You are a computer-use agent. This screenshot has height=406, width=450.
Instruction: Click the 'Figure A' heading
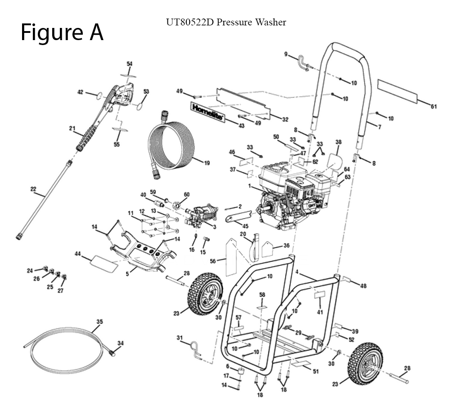click(62, 32)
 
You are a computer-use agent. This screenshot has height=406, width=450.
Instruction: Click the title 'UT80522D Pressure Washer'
click(226, 22)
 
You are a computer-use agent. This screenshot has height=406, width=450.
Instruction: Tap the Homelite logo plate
click(208, 113)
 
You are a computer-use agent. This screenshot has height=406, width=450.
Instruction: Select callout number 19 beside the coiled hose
click(207, 163)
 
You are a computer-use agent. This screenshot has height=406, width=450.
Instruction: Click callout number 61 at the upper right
click(434, 107)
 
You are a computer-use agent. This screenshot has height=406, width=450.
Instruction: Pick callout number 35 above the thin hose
click(100, 322)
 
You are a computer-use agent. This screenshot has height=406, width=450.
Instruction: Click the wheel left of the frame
click(205, 293)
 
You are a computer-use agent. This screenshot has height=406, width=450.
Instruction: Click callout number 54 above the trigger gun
click(130, 64)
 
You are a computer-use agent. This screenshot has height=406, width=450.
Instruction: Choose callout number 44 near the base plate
click(77, 255)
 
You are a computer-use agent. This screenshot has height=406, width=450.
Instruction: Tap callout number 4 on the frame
click(297, 272)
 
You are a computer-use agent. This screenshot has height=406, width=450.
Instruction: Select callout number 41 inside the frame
click(320, 312)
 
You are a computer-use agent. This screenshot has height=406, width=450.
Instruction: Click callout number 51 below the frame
click(315, 371)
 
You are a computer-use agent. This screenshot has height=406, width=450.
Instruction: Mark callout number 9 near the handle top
click(285, 55)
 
